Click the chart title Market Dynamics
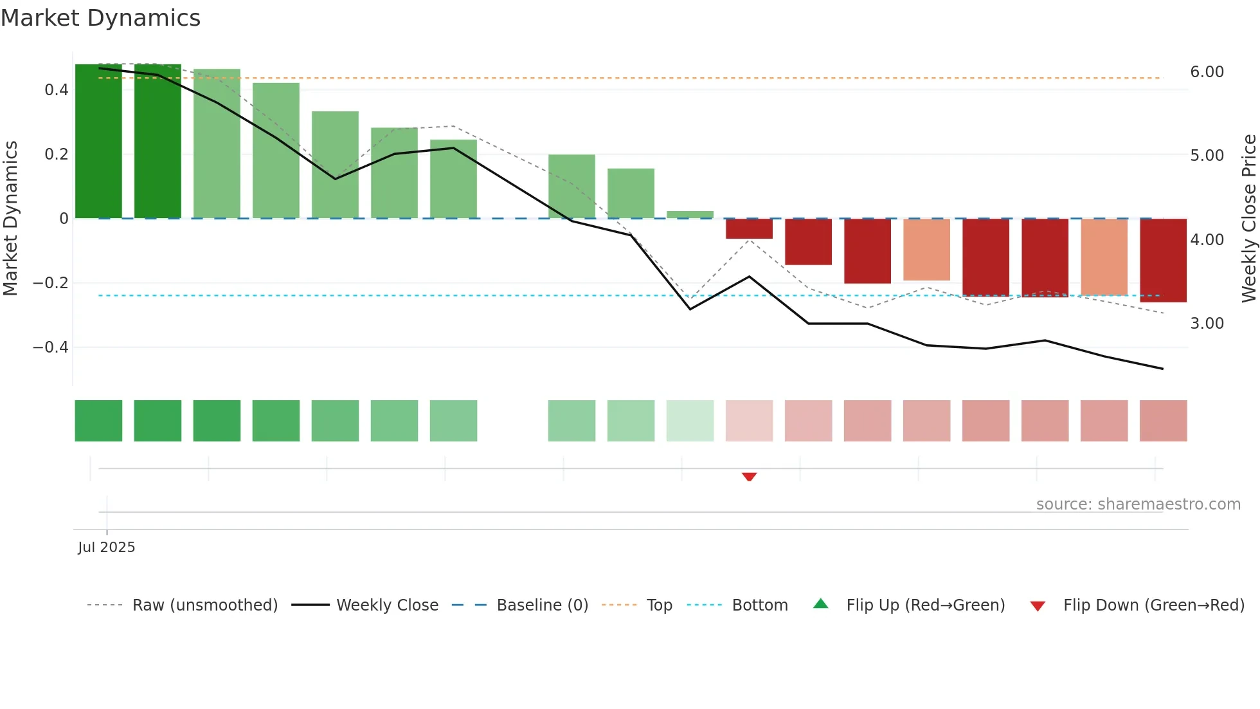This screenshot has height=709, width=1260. coord(100,18)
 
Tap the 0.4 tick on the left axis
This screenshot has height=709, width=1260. coord(57,89)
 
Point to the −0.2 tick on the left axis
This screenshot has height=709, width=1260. coord(51,283)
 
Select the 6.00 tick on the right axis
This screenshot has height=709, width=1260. coord(1207,72)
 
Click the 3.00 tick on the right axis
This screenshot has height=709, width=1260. coord(1207,324)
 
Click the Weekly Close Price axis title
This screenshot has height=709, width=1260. coord(1248,218)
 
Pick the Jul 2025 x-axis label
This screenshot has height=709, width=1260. coord(107,548)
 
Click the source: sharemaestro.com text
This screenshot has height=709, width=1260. coord(1138,504)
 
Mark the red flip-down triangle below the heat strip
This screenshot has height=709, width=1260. coord(749,477)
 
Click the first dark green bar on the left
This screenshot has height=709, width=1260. coord(98,142)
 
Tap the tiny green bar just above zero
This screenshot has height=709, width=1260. coord(690,215)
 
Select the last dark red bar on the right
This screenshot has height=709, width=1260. coord(1163,261)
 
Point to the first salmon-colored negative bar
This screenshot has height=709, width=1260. coord(926,250)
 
